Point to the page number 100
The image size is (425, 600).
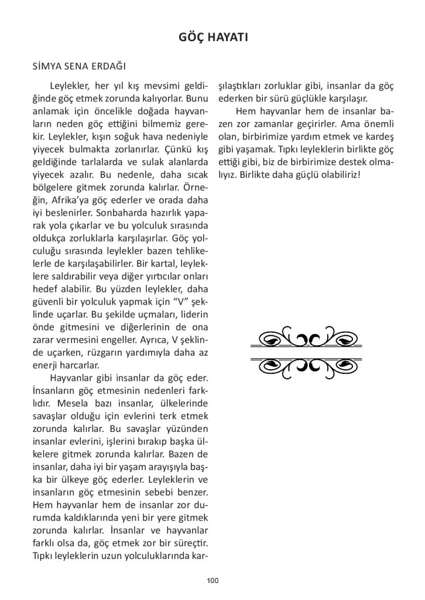[x=212, y=580]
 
